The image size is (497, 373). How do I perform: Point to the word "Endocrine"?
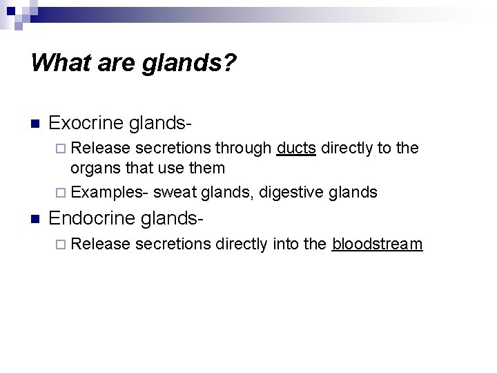click(x=93, y=219)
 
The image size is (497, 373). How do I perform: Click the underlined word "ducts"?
click(x=296, y=148)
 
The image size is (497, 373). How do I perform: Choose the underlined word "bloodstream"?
click(x=377, y=245)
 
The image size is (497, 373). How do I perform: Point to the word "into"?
click(x=285, y=245)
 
